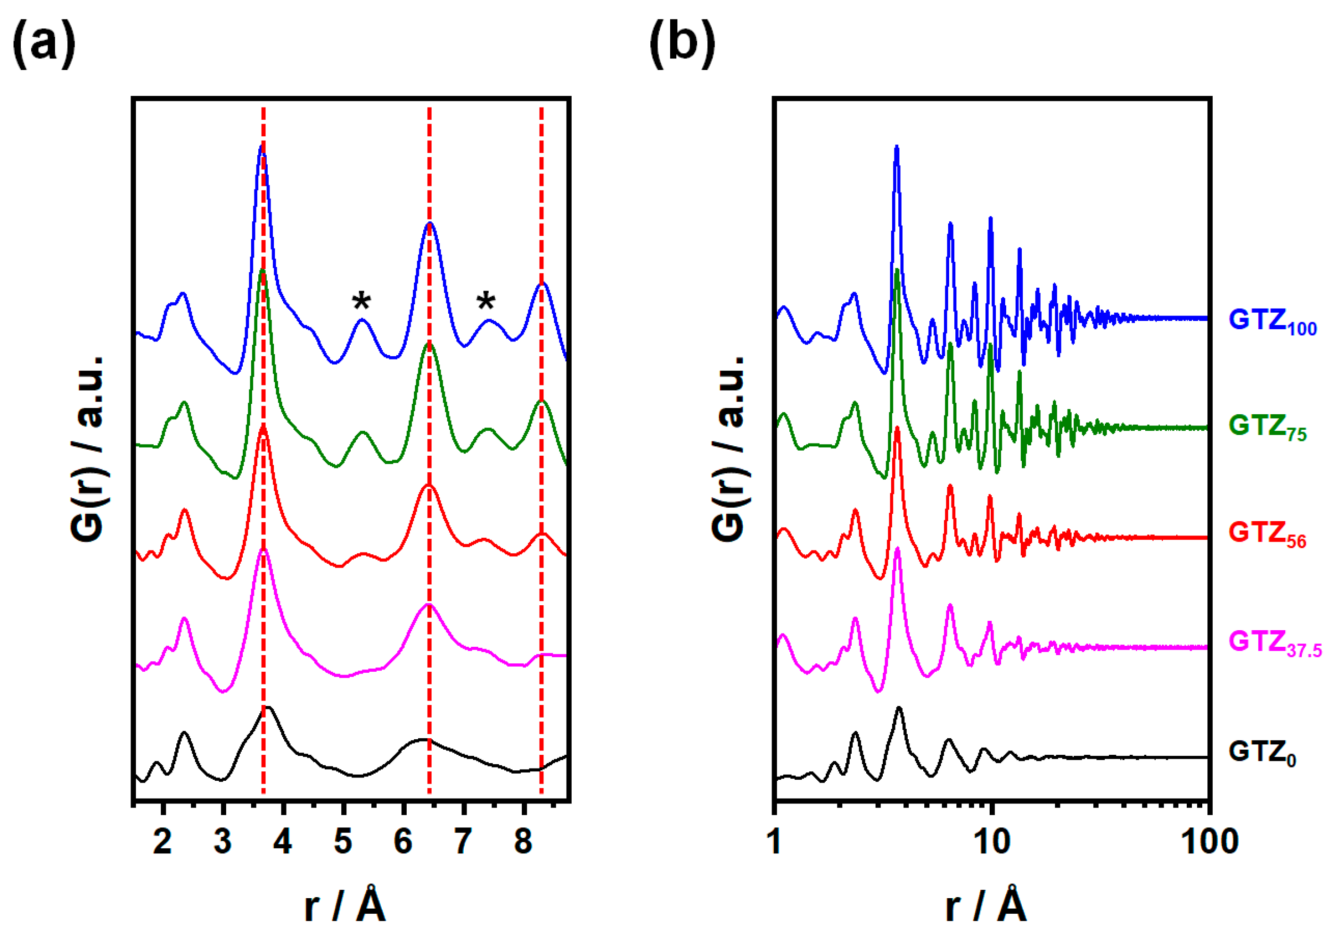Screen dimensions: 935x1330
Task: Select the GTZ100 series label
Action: [1272, 321]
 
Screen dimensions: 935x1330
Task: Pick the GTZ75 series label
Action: [1267, 427]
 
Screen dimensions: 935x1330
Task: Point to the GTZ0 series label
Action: [1262, 753]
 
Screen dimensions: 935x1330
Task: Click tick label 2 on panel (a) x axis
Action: [163, 841]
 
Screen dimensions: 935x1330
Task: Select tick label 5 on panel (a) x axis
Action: [343, 841]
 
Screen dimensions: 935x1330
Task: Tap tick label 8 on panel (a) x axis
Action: [523, 841]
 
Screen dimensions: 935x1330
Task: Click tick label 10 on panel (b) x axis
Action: [992, 841]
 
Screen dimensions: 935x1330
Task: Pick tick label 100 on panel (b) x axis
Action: [1209, 841]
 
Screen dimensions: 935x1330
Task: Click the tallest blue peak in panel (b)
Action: [897, 147]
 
